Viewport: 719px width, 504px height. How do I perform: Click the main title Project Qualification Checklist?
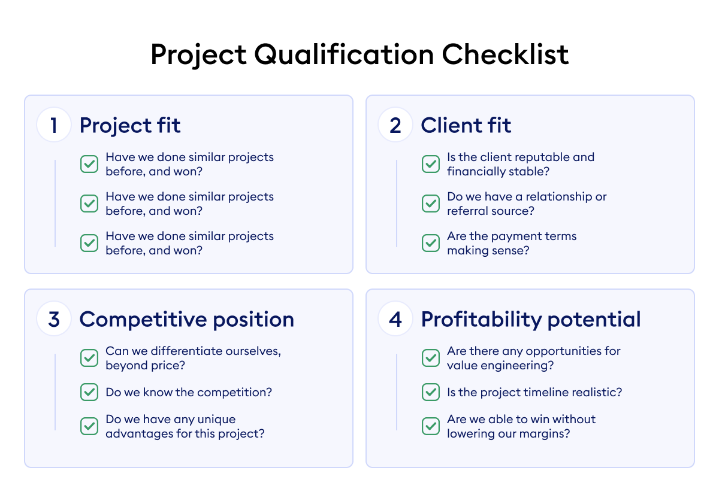click(x=359, y=55)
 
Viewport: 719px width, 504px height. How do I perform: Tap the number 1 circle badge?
click(x=54, y=126)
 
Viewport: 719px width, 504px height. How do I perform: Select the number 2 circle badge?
click(x=395, y=126)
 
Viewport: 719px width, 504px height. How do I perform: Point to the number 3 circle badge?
click(x=54, y=320)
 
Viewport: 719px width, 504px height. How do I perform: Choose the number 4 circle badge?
click(x=395, y=320)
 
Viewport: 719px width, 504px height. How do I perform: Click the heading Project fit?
click(x=130, y=126)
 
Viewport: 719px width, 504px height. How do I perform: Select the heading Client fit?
click(x=466, y=126)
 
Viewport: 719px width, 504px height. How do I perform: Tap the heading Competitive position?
click(x=186, y=320)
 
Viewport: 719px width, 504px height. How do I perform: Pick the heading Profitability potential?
click(x=531, y=320)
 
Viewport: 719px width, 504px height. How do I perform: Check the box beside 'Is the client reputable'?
click(x=431, y=164)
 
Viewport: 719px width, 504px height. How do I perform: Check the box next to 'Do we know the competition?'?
click(x=89, y=393)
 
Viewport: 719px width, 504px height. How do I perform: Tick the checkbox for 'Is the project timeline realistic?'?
click(x=431, y=393)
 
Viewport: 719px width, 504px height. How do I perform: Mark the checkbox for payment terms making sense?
click(x=431, y=243)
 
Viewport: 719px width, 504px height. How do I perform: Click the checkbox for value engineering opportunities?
click(x=431, y=358)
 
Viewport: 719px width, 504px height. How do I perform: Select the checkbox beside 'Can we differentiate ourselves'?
click(x=89, y=358)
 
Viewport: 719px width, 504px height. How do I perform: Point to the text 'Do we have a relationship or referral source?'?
click(x=526, y=204)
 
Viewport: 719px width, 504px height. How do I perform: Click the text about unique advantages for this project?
click(x=185, y=426)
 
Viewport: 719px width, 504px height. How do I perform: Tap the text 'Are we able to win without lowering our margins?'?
click(x=521, y=426)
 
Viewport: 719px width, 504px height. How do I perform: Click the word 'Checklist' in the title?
click(x=506, y=55)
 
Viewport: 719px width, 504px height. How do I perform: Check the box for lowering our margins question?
click(x=431, y=426)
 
